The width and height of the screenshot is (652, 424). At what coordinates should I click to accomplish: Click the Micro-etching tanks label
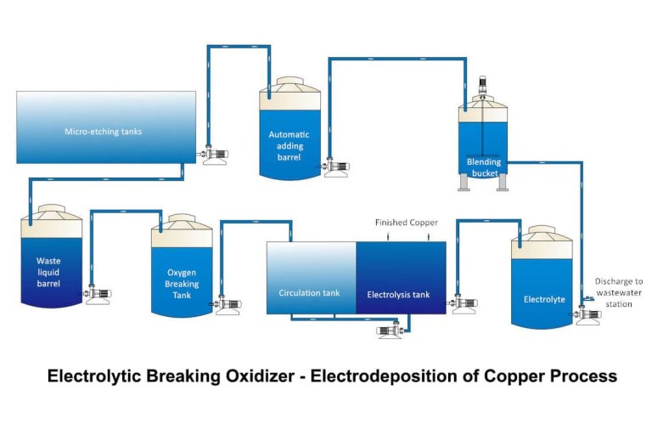103,132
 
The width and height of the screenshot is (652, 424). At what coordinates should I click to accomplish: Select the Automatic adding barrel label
289,145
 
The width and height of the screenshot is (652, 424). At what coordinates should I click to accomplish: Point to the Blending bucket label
484,167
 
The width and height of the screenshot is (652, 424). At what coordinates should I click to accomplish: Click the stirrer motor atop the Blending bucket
484,86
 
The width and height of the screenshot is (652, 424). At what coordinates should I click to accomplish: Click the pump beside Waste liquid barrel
98,295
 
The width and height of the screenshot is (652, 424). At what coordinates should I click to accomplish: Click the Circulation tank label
309,293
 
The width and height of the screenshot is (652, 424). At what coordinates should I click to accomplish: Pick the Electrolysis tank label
398,295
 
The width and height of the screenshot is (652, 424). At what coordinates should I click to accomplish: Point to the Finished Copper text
407,223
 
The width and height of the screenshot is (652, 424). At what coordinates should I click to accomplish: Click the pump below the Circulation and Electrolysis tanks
391,331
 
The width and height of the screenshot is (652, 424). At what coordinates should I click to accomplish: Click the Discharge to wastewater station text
619,292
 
